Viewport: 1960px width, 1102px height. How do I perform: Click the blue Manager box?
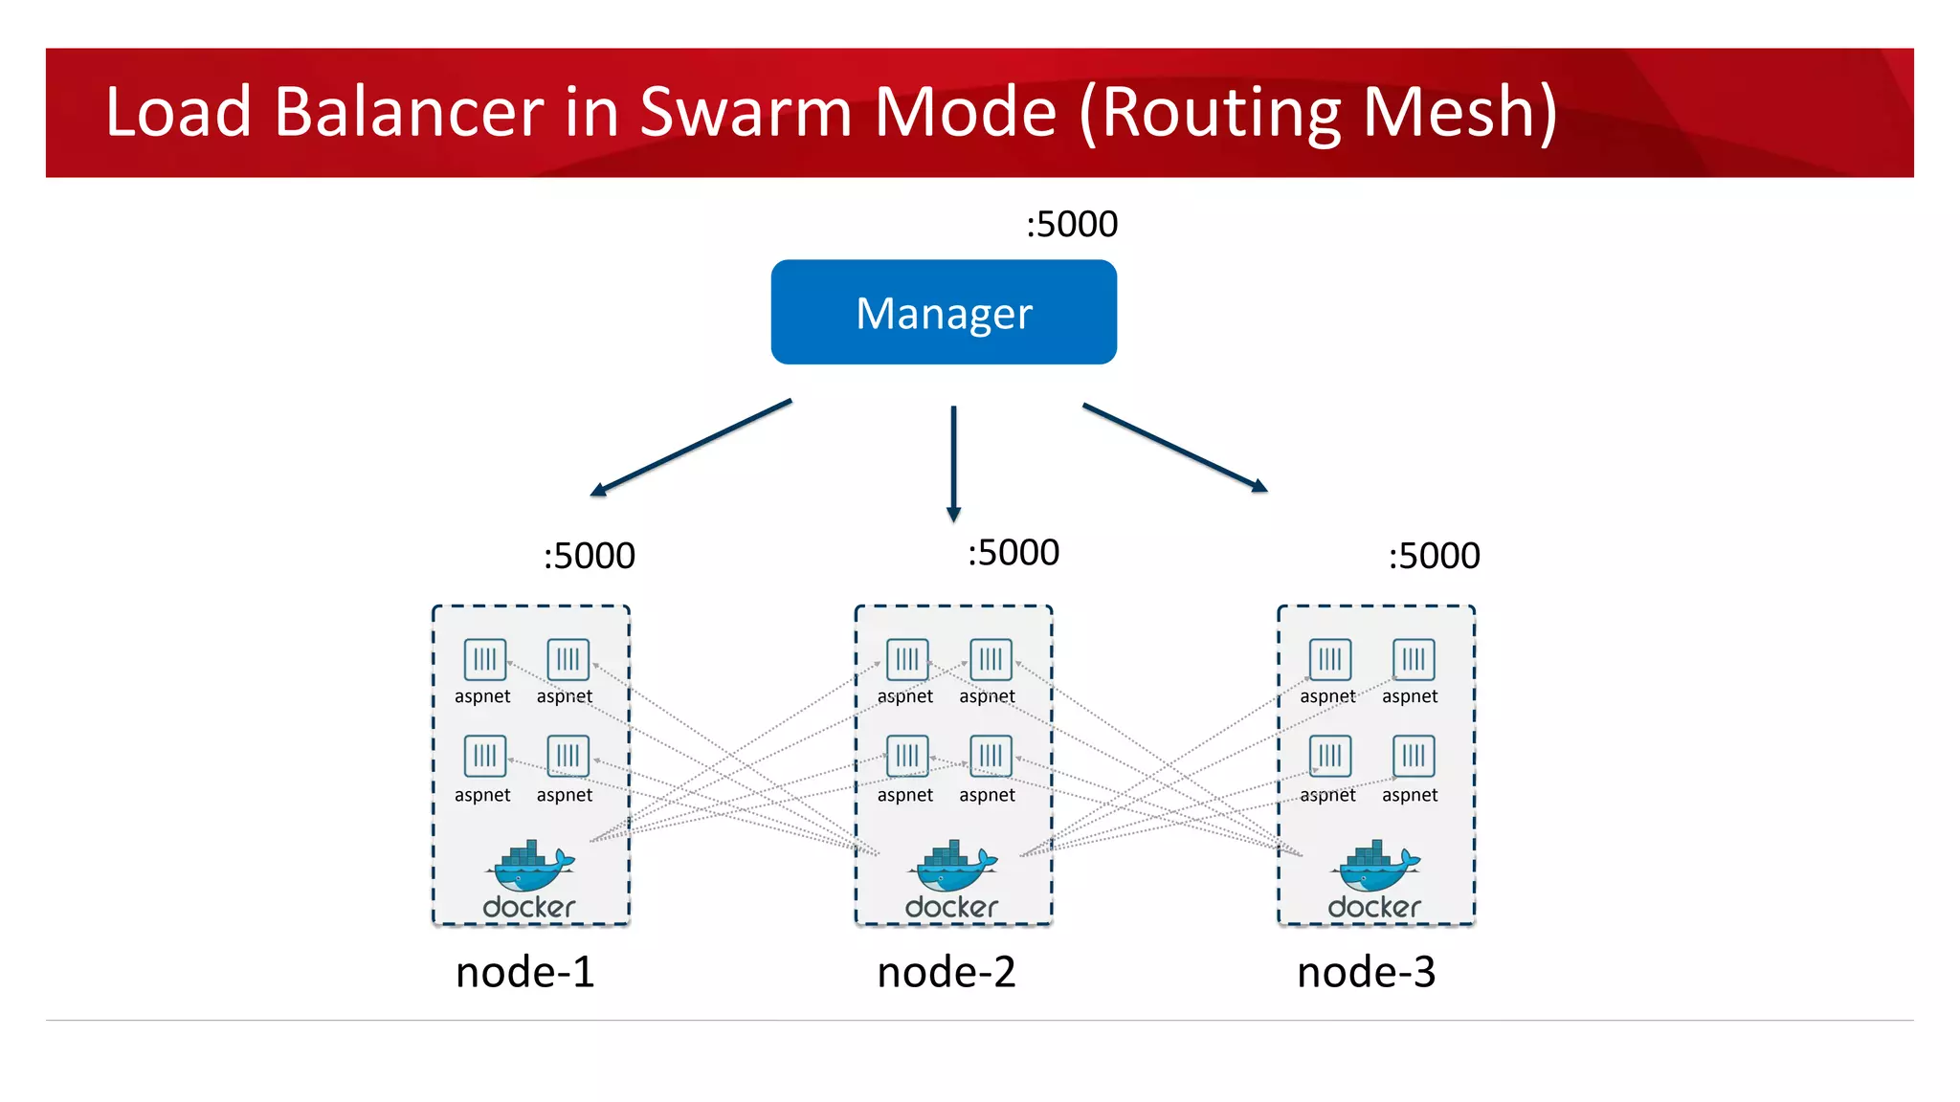click(944, 312)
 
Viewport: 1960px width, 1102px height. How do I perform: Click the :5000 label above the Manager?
click(1071, 224)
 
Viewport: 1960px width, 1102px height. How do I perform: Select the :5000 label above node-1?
click(589, 556)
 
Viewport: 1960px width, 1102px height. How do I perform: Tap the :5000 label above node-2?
click(1013, 553)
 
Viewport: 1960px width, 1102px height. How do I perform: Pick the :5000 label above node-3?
click(1434, 556)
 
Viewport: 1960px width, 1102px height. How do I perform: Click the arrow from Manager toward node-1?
click(691, 448)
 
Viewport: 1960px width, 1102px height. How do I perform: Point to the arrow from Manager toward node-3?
click(1175, 448)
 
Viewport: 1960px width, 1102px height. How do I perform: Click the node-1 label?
click(524, 972)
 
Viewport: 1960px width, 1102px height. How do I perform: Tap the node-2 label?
click(946, 972)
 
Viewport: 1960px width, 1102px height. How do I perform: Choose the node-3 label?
click(1366, 972)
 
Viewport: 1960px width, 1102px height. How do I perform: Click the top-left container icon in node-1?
click(485, 659)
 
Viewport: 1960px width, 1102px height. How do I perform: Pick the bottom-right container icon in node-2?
click(991, 756)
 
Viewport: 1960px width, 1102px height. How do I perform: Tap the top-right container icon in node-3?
click(1414, 659)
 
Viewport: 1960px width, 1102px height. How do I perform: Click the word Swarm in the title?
click(746, 112)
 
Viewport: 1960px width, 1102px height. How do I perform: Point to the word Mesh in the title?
click(1459, 112)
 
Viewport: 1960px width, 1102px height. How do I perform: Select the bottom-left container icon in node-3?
click(1330, 756)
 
